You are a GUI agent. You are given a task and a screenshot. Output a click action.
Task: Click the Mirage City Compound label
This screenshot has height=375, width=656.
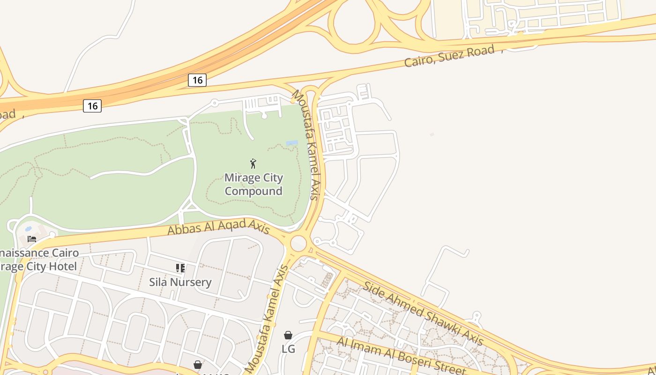tap(253, 184)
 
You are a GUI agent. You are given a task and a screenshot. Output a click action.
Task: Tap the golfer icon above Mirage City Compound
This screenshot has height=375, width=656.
tap(253, 164)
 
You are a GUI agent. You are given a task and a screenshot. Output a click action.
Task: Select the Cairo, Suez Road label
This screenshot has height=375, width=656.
tap(449, 56)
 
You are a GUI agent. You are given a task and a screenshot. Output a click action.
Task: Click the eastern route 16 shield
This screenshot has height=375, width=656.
tap(197, 80)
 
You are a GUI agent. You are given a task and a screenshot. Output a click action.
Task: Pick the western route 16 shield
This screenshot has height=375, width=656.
tap(92, 106)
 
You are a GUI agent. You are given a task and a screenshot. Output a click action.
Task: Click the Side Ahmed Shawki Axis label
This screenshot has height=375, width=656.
tap(423, 313)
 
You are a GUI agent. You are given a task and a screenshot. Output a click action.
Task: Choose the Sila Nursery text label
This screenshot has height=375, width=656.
tap(180, 282)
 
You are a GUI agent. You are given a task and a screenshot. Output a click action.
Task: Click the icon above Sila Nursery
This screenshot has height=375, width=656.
tap(180, 268)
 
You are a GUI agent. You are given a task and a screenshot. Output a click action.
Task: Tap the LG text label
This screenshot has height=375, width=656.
tap(288, 349)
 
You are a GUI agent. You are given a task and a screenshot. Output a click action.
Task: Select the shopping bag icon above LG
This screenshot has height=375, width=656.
tap(288, 335)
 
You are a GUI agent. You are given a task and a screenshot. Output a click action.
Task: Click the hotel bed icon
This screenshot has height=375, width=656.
tap(32, 239)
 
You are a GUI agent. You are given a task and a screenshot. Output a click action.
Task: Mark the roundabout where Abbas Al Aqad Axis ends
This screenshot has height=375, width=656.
tap(298, 243)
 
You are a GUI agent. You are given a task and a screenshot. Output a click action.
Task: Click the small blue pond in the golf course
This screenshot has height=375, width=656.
tap(291, 143)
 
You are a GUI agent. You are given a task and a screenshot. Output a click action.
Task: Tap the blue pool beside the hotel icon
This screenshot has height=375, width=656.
tap(28, 229)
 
